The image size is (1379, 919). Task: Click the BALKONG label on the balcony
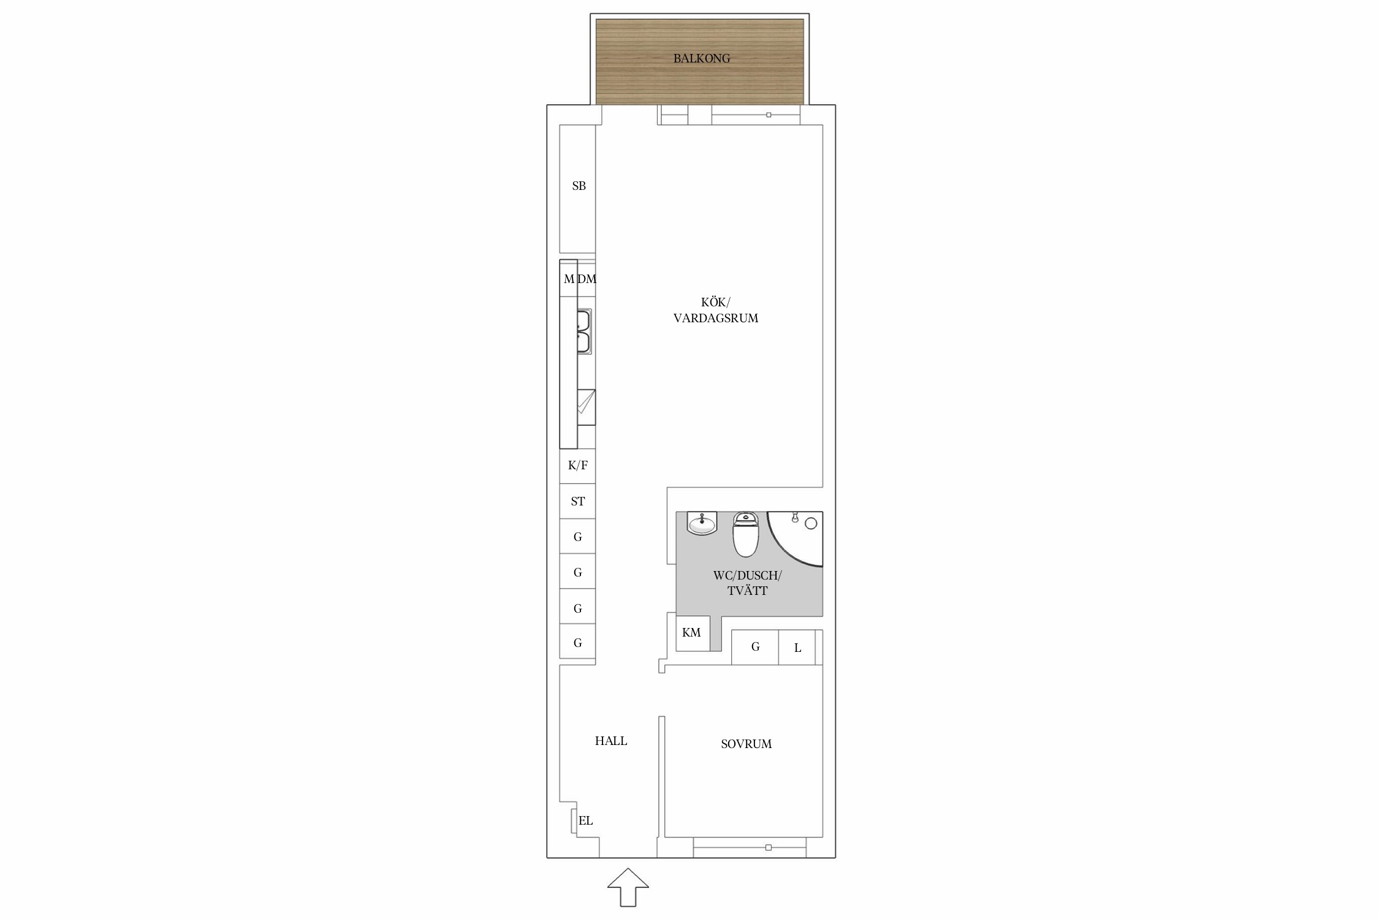[702, 59]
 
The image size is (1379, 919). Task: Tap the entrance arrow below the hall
[628, 887]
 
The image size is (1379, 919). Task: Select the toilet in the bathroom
[746, 534]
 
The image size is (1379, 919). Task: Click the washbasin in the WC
[702, 523]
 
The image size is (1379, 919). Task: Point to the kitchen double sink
[584, 331]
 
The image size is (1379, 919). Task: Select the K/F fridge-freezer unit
[577, 466]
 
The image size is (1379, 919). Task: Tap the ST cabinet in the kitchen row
[577, 501]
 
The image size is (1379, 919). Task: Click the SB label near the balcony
[579, 186]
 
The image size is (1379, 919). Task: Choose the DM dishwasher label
[587, 279]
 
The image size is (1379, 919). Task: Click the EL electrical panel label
[586, 821]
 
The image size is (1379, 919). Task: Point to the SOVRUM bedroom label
[746, 744]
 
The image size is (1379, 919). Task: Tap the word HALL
[611, 741]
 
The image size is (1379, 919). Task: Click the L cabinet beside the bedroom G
[797, 648]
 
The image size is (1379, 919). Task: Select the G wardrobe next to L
[755, 647]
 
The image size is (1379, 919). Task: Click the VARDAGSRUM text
[716, 319]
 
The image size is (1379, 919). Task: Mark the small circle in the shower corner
[811, 523]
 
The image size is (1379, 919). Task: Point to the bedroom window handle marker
[769, 848]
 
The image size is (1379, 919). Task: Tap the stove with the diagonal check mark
[586, 407]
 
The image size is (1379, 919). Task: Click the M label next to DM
[569, 279]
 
